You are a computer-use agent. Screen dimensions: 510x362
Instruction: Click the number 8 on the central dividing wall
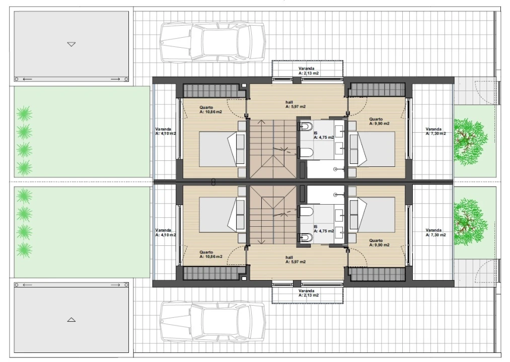click(x=213, y=183)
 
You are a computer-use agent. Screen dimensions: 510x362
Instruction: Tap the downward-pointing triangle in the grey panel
click(x=71, y=44)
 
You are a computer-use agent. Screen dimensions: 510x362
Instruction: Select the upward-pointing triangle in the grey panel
click(x=71, y=320)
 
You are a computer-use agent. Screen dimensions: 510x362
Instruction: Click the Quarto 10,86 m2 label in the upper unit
click(x=211, y=110)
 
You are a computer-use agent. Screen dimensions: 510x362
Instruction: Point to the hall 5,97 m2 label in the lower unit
click(x=296, y=259)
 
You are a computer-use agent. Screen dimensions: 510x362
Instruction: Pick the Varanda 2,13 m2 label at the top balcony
click(x=308, y=71)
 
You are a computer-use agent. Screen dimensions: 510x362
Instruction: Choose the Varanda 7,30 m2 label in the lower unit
click(x=435, y=232)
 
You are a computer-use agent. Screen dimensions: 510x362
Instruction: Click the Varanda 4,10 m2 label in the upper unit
click(x=166, y=131)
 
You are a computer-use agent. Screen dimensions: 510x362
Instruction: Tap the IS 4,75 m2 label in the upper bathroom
click(x=324, y=135)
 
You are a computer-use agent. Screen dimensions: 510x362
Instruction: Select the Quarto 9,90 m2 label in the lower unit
click(x=379, y=243)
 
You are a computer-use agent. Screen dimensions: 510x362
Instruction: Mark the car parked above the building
click(x=213, y=42)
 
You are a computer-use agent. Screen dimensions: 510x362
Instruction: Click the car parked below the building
click(x=213, y=322)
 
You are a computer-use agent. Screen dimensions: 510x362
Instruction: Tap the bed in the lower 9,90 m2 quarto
click(x=372, y=215)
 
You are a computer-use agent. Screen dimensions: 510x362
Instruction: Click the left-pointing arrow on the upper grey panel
click(x=27, y=79)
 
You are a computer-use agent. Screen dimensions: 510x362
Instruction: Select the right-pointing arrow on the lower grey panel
click(x=115, y=285)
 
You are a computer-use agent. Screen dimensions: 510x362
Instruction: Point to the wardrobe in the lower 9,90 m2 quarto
click(x=377, y=274)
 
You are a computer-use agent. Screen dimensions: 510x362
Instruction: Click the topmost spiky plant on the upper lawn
click(x=24, y=114)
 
